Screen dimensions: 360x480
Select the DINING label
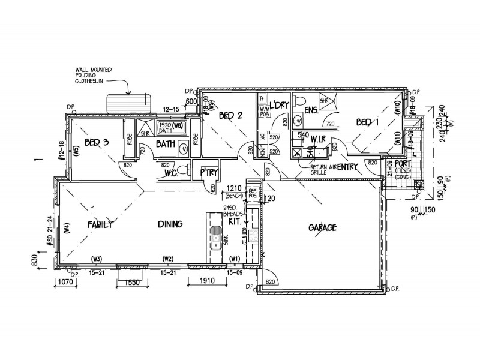click(170, 224)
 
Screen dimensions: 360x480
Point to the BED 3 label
click(96, 142)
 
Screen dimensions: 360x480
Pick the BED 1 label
click(368, 122)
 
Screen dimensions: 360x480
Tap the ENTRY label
click(347, 167)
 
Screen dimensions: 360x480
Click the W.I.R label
click(319, 139)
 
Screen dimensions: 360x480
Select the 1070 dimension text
click(64, 281)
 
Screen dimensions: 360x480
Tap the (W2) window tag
click(167, 259)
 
